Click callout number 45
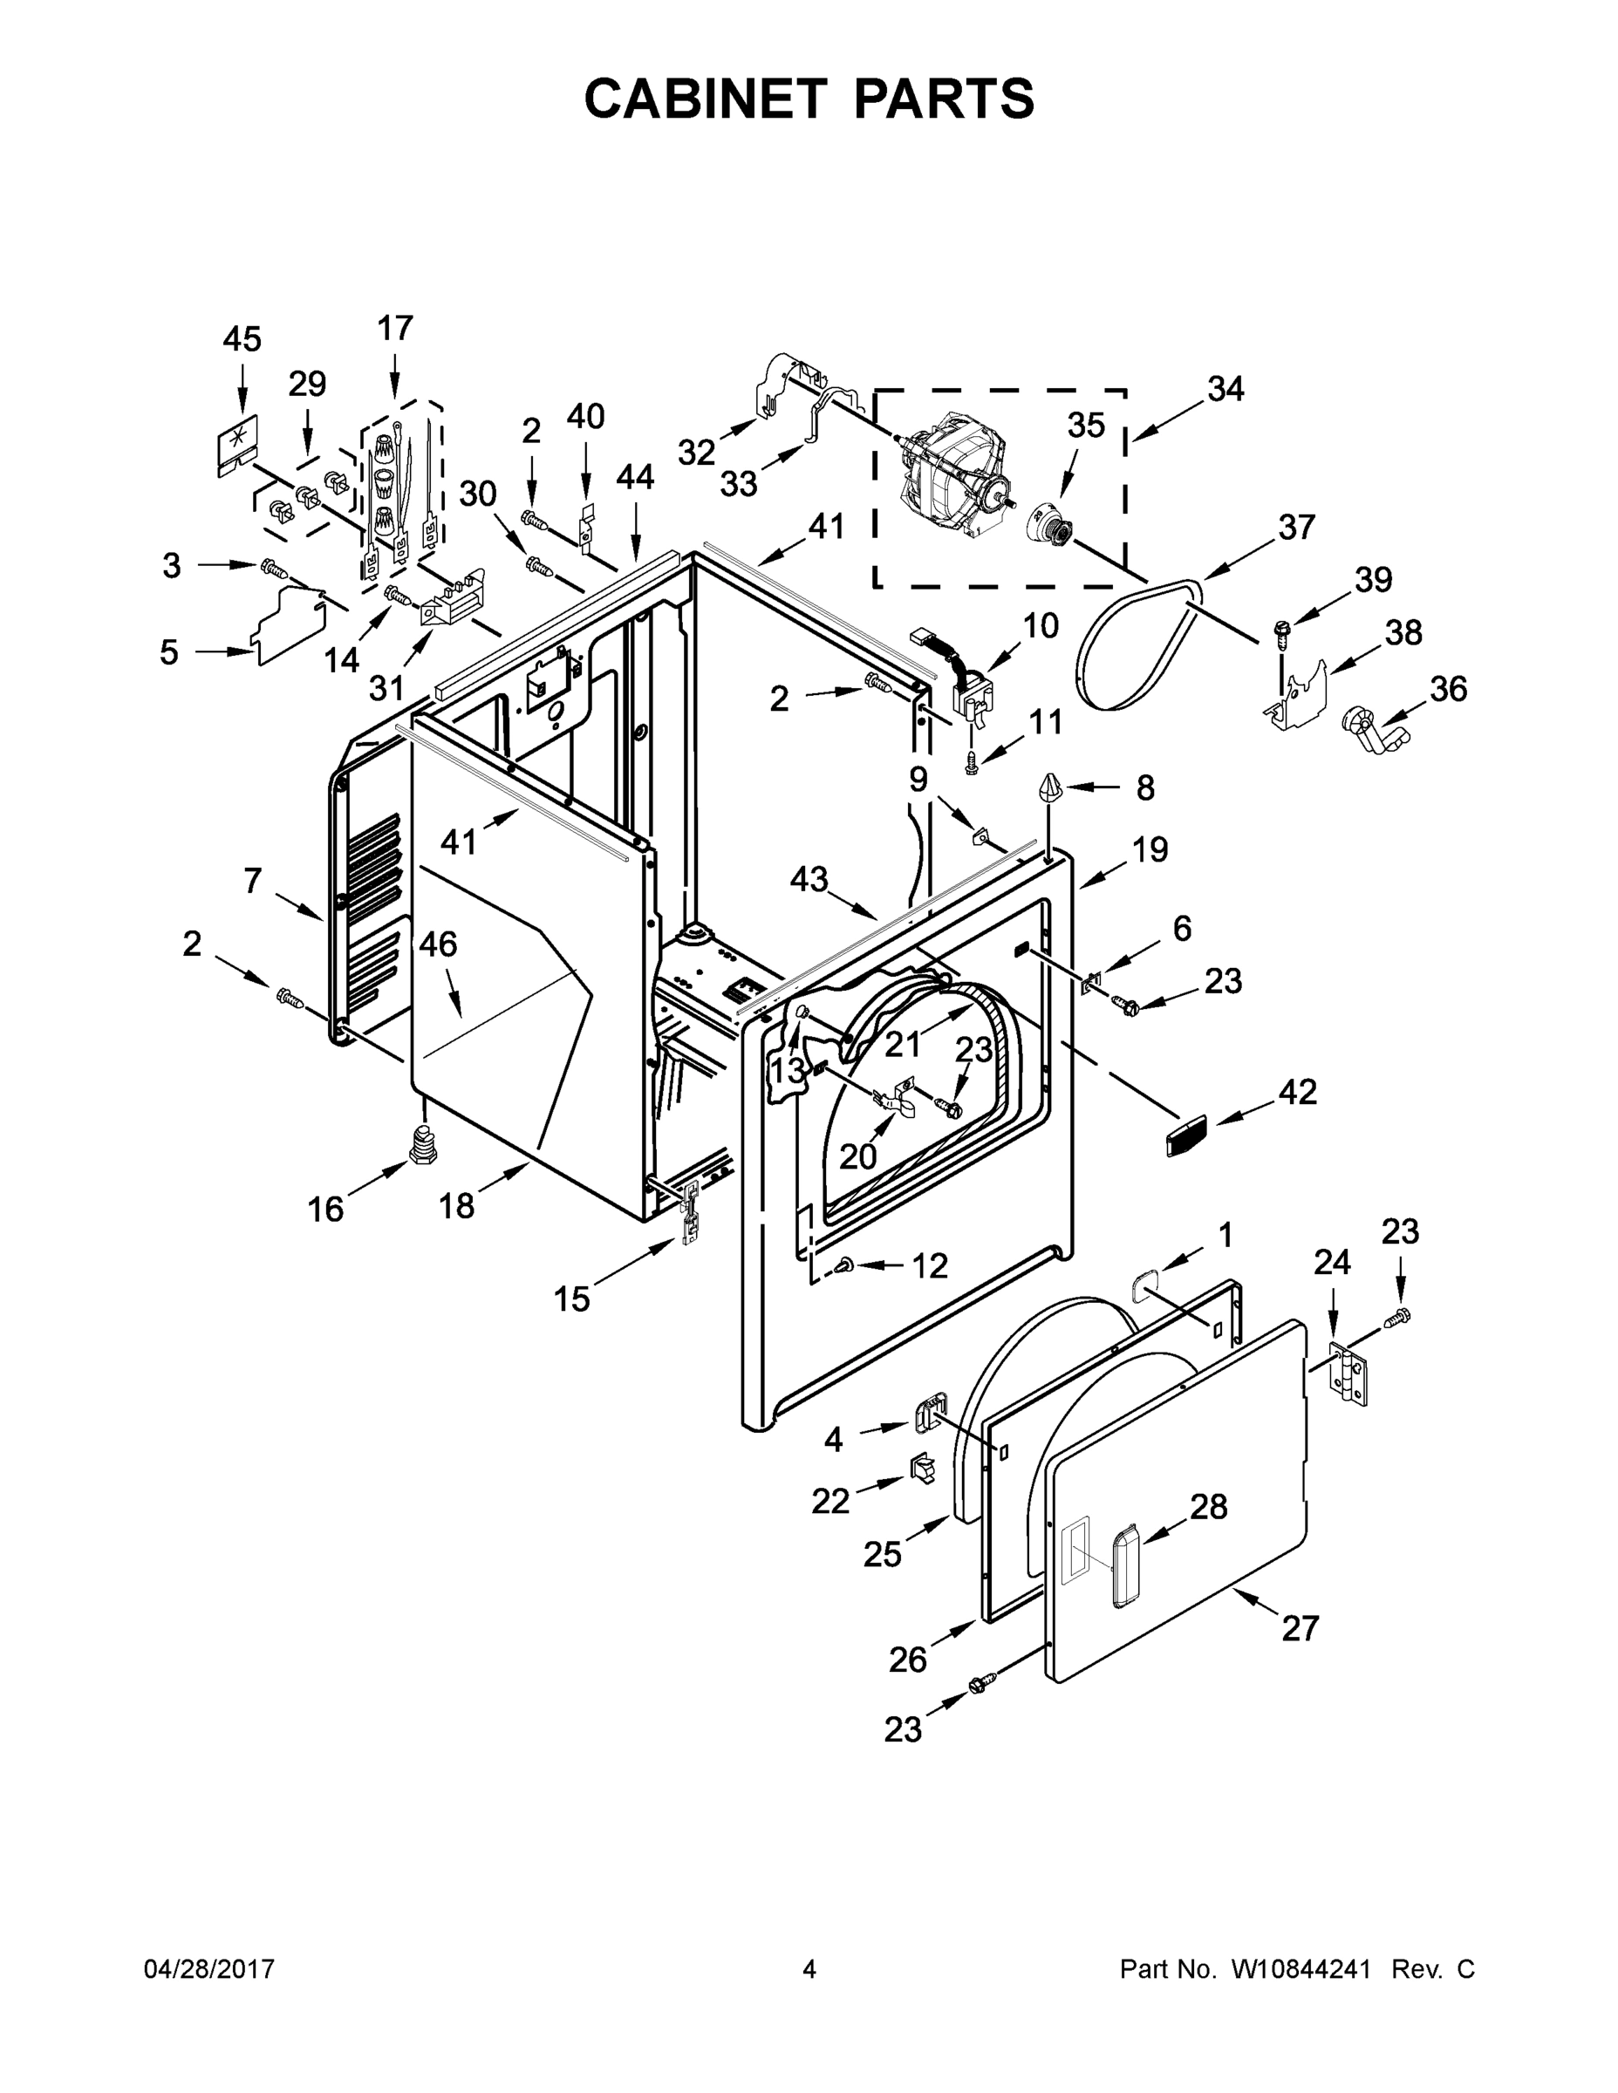coord(242,339)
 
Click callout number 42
coord(1297,1092)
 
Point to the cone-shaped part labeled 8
coord(1049,791)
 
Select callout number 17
coord(394,328)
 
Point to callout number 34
coord(1225,388)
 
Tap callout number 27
coord(1300,1627)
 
